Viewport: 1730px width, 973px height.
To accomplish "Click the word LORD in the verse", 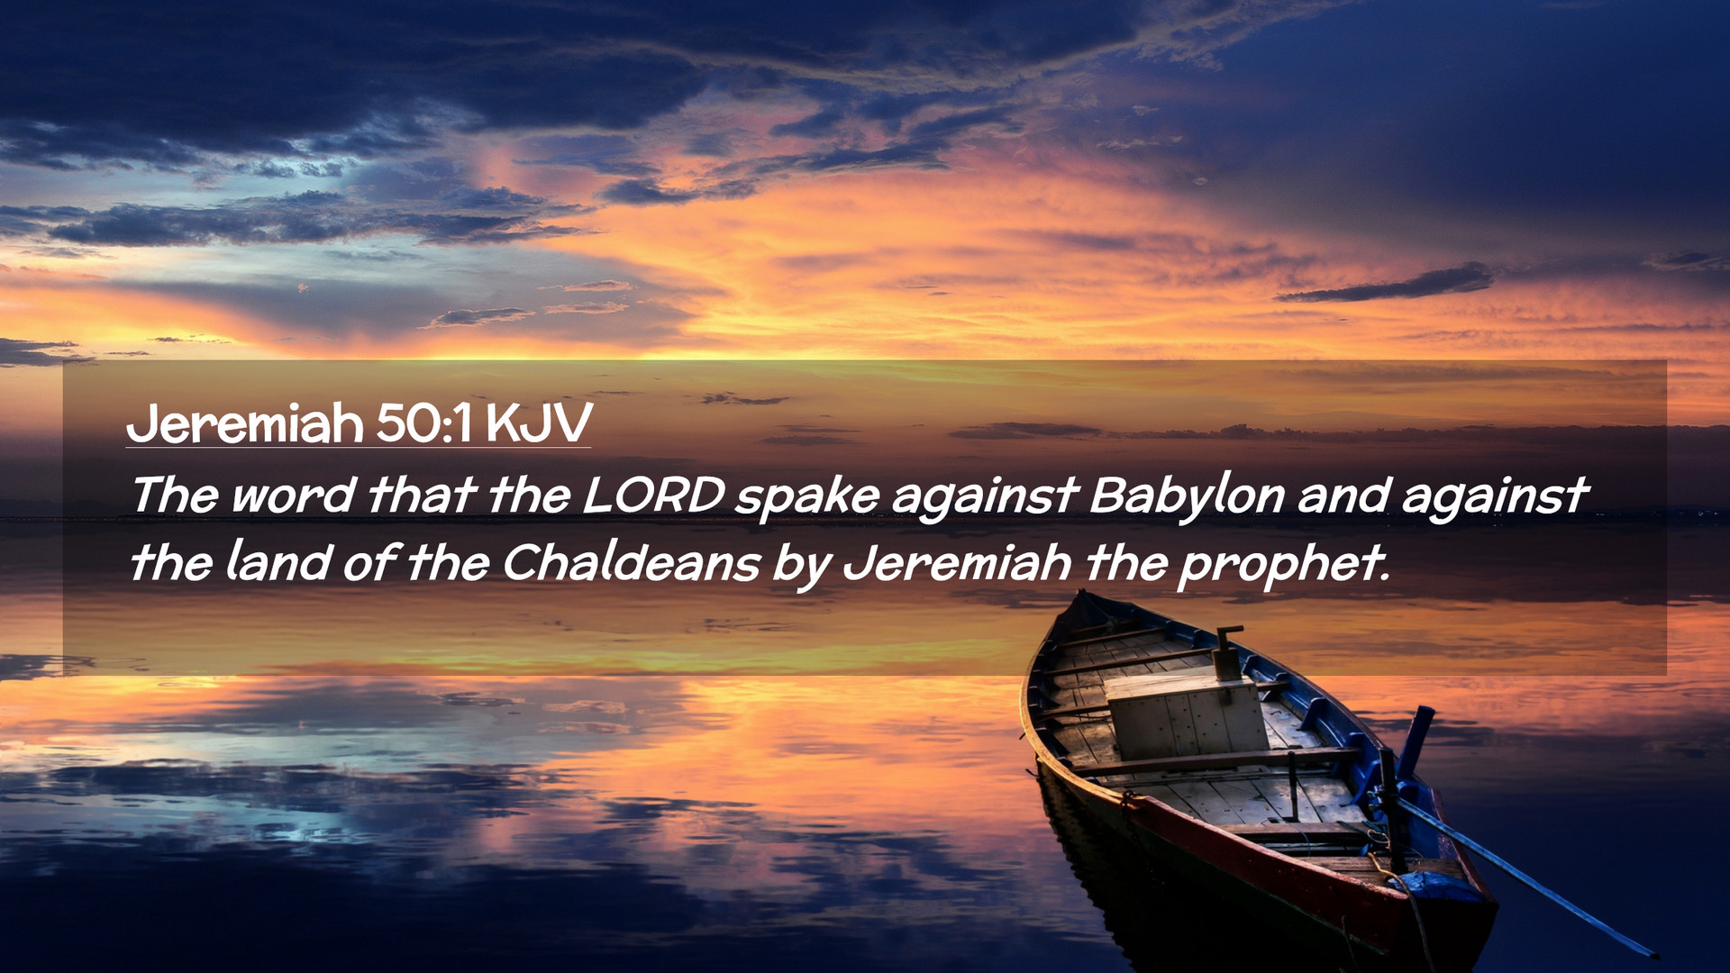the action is [x=654, y=495].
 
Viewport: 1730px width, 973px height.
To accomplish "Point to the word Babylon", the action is [x=1187, y=496].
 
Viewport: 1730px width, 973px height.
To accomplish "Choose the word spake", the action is [x=806, y=497].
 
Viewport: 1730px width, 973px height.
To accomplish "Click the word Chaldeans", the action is [x=632, y=563].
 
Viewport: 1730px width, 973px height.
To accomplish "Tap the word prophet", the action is [x=1283, y=566].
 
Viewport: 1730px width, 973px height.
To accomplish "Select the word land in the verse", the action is [x=278, y=562].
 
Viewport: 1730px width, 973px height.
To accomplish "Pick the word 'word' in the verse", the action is [x=292, y=495].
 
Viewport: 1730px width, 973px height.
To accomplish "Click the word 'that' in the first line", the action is [x=422, y=495].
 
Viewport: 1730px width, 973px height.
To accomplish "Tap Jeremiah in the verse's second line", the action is [x=957, y=563].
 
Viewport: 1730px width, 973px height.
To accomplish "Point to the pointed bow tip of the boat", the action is [x=1082, y=595].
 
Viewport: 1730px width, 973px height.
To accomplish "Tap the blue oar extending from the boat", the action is [x=1532, y=878].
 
